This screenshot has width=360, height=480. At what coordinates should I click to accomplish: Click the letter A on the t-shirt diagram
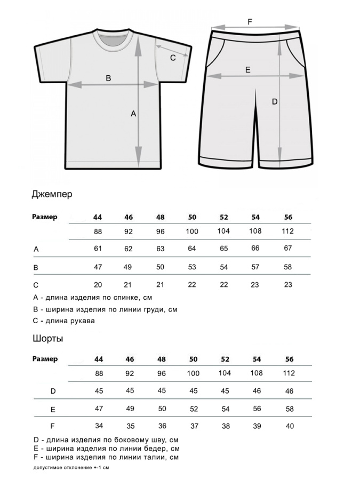pyautogui.click(x=134, y=114)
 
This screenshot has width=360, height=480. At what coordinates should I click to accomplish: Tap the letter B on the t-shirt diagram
pyautogui.click(x=108, y=78)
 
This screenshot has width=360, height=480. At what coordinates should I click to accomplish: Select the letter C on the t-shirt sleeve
pyautogui.click(x=173, y=58)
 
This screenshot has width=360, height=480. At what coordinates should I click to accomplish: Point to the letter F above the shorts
pyautogui.click(x=250, y=22)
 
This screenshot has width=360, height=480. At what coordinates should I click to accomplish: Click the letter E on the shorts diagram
pyautogui.click(x=247, y=70)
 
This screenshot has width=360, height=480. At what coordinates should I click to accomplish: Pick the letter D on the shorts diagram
pyautogui.click(x=275, y=102)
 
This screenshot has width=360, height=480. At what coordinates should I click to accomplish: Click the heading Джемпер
pyautogui.click(x=52, y=194)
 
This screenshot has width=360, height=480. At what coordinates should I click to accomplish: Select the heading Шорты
pyautogui.click(x=48, y=339)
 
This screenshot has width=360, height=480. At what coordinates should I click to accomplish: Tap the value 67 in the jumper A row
pyautogui.click(x=288, y=249)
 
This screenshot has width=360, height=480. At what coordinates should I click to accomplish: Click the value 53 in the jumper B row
pyautogui.click(x=192, y=267)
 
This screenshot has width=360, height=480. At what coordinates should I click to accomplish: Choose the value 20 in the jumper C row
pyautogui.click(x=98, y=285)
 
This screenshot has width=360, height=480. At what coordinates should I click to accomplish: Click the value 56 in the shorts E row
pyautogui.click(x=256, y=409)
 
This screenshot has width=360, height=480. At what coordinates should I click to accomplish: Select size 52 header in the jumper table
pyautogui.click(x=224, y=217)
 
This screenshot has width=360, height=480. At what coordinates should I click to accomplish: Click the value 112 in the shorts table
pyautogui.click(x=288, y=373)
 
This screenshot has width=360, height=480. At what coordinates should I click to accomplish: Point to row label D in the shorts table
pyautogui.click(x=53, y=391)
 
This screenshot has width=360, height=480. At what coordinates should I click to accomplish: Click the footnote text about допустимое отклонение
pyautogui.click(x=71, y=468)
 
